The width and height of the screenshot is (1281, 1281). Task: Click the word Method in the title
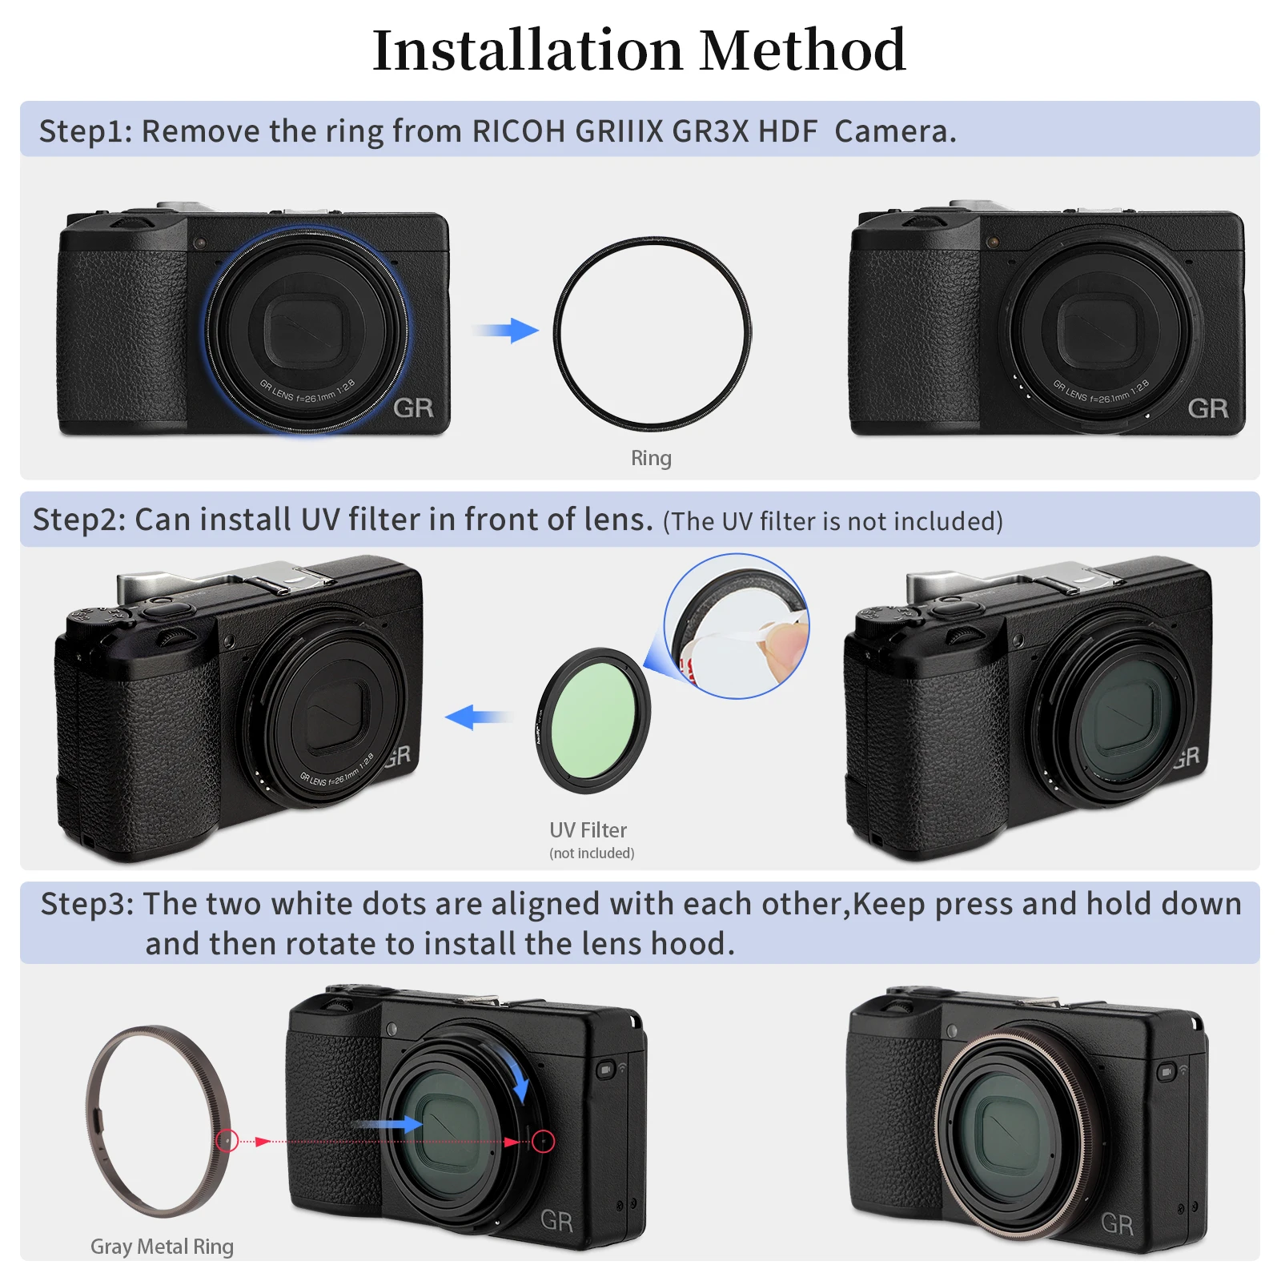pos(802,50)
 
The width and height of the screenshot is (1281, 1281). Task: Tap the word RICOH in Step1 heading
pos(518,131)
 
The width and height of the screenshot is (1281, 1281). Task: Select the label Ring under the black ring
pos(651,458)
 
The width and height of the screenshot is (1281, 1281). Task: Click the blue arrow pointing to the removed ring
pos(509,330)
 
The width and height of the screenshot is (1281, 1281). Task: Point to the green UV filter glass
pos(593,721)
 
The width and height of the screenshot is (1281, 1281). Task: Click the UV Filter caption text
pos(588,830)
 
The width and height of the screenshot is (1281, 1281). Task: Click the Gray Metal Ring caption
pos(162,1247)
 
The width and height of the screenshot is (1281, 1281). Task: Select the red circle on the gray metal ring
pos(227,1141)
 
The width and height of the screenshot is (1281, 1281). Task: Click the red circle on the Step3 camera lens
pos(544,1141)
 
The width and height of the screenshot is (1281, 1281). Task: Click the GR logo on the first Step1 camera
pos(413,408)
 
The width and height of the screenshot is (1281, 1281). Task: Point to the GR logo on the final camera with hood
pos(1117,1224)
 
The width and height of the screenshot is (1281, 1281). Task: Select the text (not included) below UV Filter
pos(592,853)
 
